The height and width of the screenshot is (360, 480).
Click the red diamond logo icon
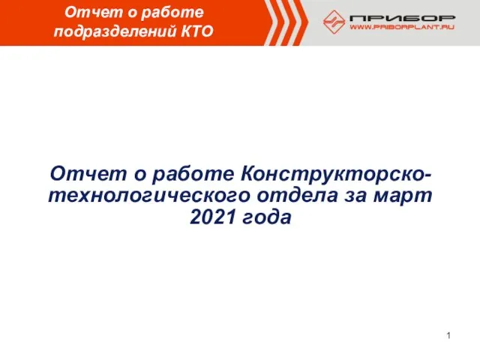point(334,22)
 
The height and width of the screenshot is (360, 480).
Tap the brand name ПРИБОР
point(403,18)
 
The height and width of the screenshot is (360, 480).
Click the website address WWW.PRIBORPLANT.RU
point(402,27)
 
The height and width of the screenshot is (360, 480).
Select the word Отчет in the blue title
point(88,173)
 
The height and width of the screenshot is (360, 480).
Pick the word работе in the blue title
point(193,175)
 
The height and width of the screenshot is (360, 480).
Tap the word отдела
point(298,196)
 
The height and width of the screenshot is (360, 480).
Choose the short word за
point(355,196)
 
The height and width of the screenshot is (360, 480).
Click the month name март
point(403,196)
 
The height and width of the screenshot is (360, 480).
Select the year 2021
point(213,217)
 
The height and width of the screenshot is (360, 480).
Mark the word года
point(267,217)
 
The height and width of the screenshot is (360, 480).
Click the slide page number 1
point(448,335)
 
